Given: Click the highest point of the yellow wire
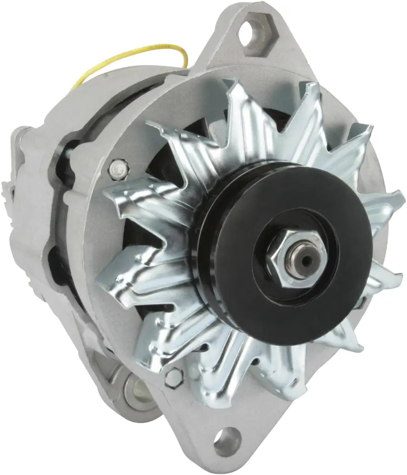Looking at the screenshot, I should tap(153, 46).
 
